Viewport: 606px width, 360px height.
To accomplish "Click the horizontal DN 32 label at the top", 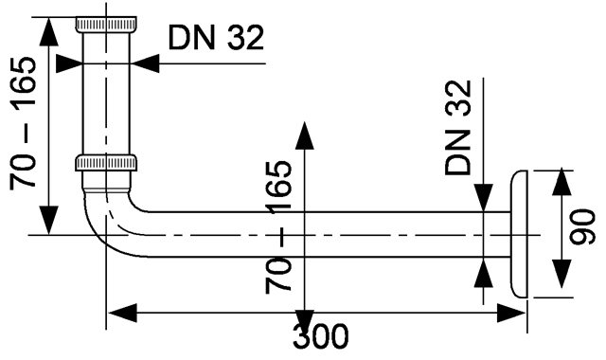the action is [216, 38].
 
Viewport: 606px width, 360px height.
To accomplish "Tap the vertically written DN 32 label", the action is [458, 128].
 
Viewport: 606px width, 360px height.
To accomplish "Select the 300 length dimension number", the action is [320, 336].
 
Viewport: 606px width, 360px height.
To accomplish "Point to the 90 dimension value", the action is [582, 226].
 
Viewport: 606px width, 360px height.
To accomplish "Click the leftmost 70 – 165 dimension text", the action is [23, 123].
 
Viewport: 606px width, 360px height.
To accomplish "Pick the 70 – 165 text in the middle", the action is [278, 227].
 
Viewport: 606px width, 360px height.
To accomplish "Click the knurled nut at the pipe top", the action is [105, 24].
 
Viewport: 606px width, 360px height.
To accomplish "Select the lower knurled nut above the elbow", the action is [105, 163].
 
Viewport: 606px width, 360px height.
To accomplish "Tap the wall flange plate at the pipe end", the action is [519, 234].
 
